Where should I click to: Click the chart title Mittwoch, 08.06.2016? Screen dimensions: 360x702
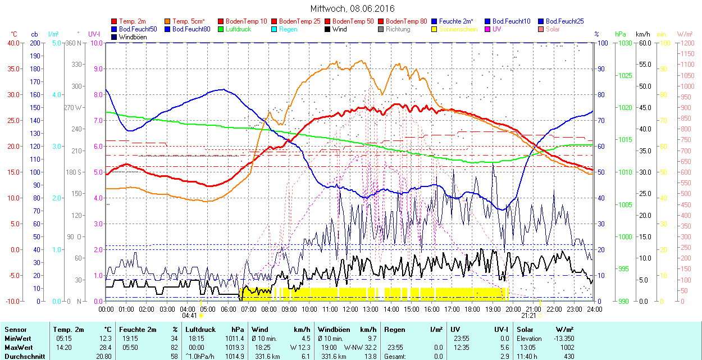click(352, 8)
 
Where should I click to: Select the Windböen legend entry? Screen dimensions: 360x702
click(133, 37)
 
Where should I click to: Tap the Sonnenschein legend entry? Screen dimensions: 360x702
click(458, 29)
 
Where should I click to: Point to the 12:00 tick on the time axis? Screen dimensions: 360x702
click(350, 309)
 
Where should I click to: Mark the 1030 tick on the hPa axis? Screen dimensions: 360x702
click(622, 43)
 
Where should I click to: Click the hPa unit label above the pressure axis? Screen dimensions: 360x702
click(621, 34)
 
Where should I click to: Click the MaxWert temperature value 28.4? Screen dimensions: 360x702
click(104, 348)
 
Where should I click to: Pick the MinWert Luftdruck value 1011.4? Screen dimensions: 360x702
click(235, 339)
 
